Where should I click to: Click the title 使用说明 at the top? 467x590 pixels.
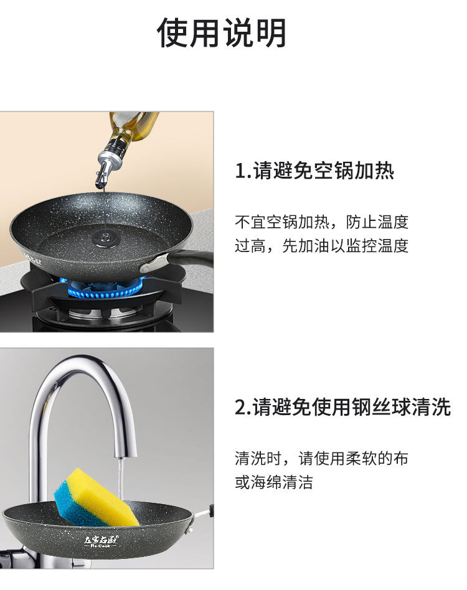pos(221,32)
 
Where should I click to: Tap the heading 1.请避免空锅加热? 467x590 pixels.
pos(314,171)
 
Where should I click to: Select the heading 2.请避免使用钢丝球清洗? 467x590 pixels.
pos(343,407)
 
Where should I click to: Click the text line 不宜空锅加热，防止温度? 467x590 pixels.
pos(322,222)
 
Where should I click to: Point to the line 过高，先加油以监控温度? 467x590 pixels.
pos(322,246)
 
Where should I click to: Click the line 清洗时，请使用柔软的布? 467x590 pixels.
pos(322,458)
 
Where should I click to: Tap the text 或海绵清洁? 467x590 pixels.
pos(274,482)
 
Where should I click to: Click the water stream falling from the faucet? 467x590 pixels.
pos(120,481)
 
